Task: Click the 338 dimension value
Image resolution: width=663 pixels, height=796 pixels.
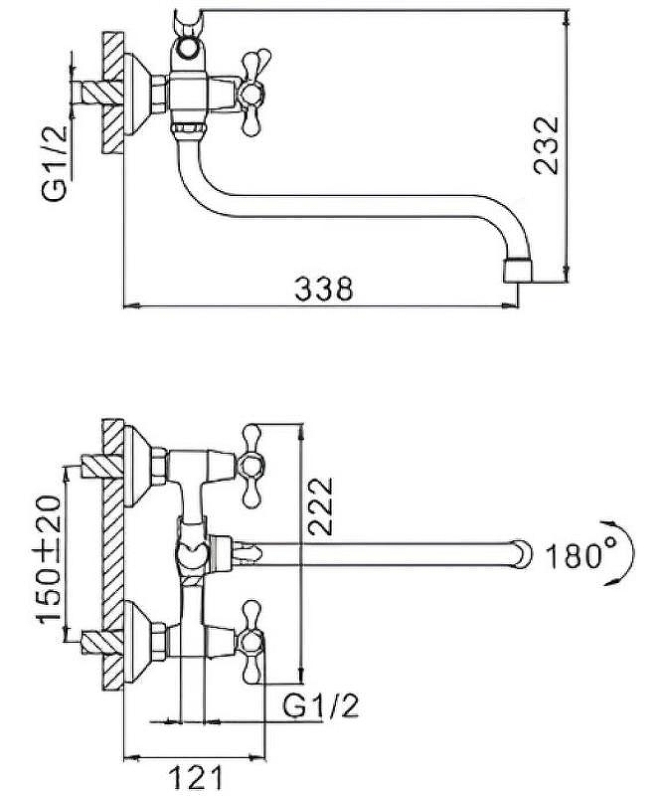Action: tap(323, 289)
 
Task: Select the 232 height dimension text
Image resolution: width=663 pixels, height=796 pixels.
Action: tap(546, 145)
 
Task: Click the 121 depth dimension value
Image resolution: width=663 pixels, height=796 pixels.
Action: tap(195, 777)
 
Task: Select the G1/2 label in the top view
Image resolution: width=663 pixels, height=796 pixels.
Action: tap(55, 163)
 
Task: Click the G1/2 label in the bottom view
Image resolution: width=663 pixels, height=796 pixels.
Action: tap(321, 705)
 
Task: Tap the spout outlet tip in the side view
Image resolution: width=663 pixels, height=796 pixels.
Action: tap(518, 271)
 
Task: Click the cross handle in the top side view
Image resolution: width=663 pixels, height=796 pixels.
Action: tap(252, 94)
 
